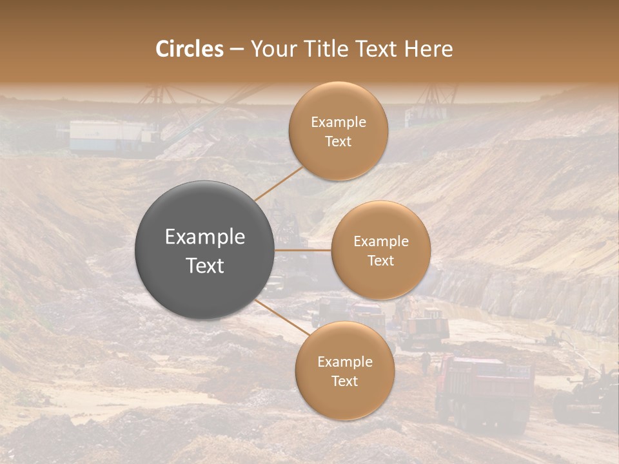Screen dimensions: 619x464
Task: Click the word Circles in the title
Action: point(190,49)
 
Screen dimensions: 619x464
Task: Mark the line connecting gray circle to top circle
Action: point(279,183)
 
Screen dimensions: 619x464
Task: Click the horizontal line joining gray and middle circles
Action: point(303,250)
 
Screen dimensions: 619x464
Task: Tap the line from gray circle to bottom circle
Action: point(282,317)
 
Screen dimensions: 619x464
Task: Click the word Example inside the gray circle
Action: point(205,237)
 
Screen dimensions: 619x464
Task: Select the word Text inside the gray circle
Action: point(205,266)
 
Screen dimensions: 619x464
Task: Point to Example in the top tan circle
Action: point(339,122)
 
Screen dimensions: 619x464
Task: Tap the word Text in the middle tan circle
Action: point(380,261)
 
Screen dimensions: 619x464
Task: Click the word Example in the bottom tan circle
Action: point(345,362)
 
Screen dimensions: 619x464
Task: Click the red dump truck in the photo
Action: point(484,390)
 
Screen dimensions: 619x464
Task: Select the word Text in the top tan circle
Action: point(339,142)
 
